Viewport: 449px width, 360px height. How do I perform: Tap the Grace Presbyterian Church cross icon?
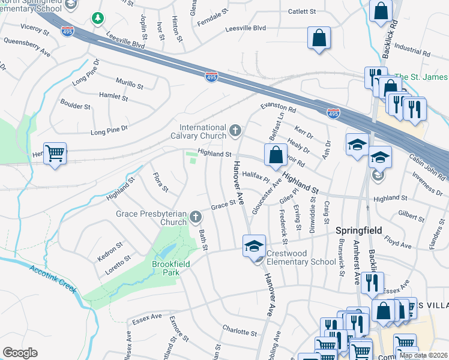(195, 217)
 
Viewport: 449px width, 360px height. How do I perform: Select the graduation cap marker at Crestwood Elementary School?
(254, 245)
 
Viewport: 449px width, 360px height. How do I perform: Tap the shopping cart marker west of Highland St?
(55, 154)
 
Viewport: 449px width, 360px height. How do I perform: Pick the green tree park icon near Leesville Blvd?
(97, 19)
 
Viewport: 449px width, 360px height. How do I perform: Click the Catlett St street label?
(301, 11)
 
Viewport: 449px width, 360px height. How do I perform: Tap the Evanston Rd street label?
(279, 107)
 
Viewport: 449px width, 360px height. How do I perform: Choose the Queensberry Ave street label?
(27, 47)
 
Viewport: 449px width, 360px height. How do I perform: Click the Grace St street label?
(223, 206)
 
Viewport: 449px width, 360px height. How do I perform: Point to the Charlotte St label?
(240, 332)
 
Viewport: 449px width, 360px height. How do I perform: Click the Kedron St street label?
(110, 245)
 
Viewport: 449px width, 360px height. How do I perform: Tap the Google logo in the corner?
(20, 353)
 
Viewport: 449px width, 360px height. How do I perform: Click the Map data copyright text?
(423, 355)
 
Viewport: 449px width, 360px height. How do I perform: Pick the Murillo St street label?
(129, 85)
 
